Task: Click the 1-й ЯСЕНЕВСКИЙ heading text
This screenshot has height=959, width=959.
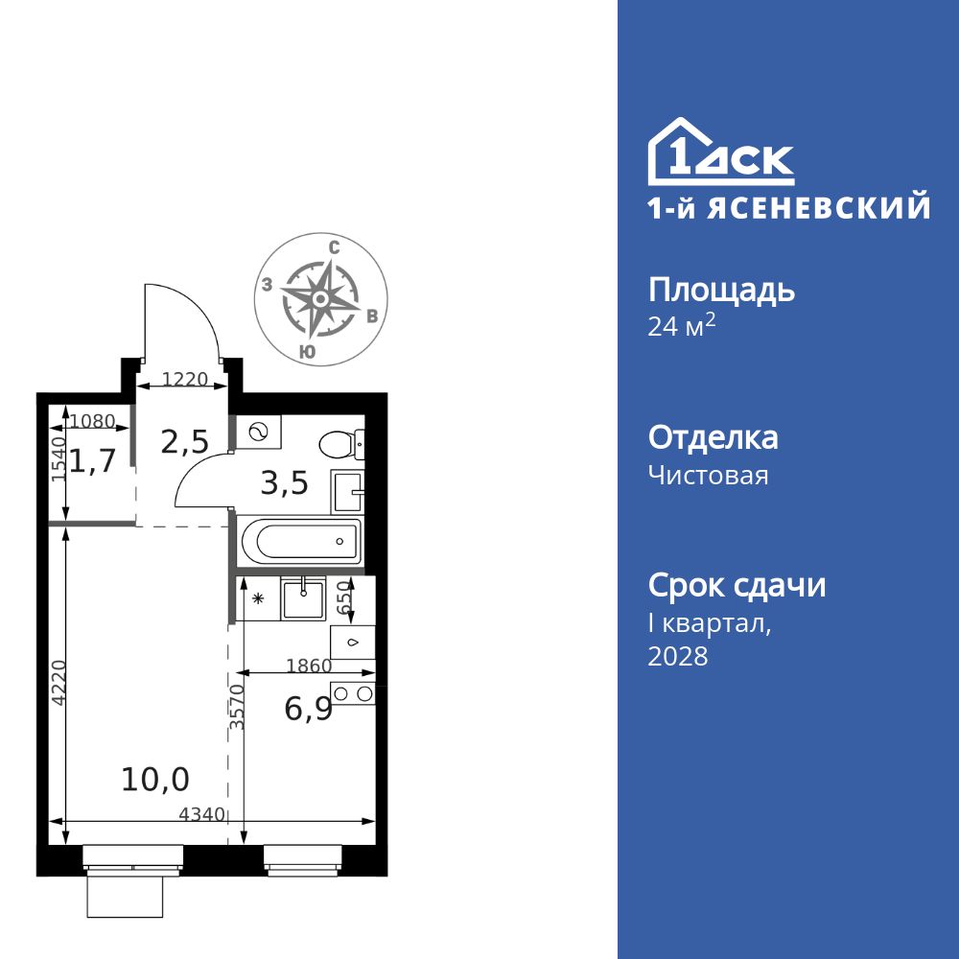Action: [789, 208]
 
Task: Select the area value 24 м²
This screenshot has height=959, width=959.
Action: [682, 326]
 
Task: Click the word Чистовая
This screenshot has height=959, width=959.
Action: [709, 475]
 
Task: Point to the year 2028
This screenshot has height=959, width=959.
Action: [678, 656]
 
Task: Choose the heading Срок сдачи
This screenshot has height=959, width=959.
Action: [737, 585]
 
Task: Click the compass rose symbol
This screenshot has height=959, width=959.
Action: [321, 299]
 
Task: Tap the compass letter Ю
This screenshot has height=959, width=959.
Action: [306, 352]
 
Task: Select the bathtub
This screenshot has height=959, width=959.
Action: [298, 542]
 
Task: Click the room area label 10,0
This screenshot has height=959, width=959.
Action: [155, 780]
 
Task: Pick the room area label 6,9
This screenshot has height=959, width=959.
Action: [309, 710]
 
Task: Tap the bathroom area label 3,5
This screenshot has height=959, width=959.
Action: [285, 482]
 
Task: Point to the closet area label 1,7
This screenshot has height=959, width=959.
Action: [93, 461]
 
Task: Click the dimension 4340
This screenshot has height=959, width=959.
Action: [201, 814]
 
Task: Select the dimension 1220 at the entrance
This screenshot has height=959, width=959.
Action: [184, 379]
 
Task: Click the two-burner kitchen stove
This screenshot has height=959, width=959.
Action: [352, 693]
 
